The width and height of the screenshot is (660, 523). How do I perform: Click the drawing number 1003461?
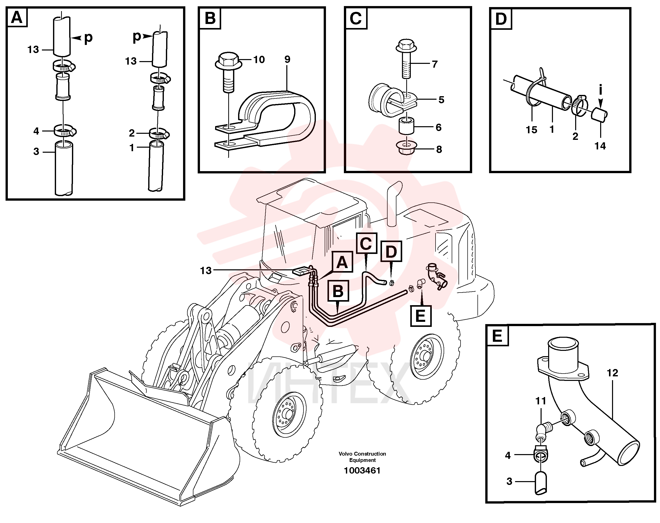pyautogui.click(x=362, y=470)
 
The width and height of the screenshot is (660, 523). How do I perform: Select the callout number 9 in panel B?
pyautogui.click(x=287, y=59)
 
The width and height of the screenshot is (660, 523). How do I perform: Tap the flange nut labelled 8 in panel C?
pyautogui.click(x=407, y=148)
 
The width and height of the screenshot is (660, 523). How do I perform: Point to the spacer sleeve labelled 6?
pyautogui.click(x=406, y=125)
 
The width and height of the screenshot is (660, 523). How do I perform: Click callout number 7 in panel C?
pyautogui.click(x=435, y=64)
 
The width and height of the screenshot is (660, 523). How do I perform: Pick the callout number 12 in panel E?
pyautogui.click(x=613, y=373)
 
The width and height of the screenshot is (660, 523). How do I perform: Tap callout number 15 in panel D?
pyautogui.click(x=532, y=130)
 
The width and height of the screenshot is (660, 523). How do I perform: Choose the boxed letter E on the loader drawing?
pyautogui.click(x=421, y=316)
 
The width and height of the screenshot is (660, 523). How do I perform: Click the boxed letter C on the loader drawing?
pyautogui.click(x=366, y=244)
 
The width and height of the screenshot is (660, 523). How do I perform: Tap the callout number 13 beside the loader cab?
pyautogui.click(x=206, y=271)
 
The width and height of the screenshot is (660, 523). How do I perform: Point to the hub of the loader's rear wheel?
pyautogui.click(x=425, y=356)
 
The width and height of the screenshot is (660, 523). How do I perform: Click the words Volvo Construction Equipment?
pyautogui.click(x=362, y=457)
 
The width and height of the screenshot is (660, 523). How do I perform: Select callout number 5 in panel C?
pyautogui.click(x=441, y=100)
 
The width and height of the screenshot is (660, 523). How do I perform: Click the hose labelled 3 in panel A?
pyautogui.click(x=64, y=168)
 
